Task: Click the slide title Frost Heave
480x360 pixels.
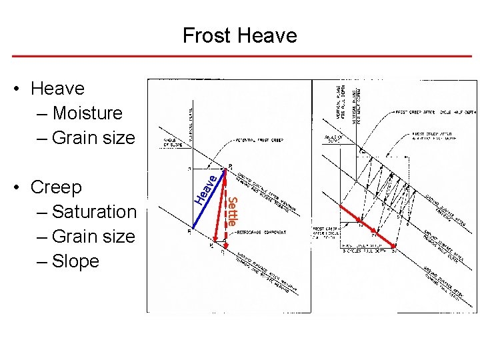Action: (240, 35)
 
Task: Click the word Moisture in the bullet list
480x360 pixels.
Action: (87, 113)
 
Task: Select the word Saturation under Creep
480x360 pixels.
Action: (93, 212)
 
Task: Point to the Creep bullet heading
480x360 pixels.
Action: (56, 187)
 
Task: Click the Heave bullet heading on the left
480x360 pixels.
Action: (57, 89)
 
